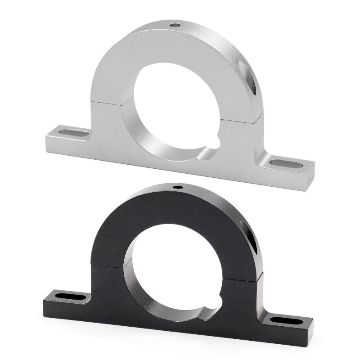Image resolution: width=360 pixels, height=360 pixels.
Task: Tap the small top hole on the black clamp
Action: [x=178, y=186]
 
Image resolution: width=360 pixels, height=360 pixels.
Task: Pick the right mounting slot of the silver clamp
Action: [x=286, y=162]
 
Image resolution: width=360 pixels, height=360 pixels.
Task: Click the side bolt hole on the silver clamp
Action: [x=248, y=76]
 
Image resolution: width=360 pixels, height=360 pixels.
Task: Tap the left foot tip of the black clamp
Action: [x=45, y=299]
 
